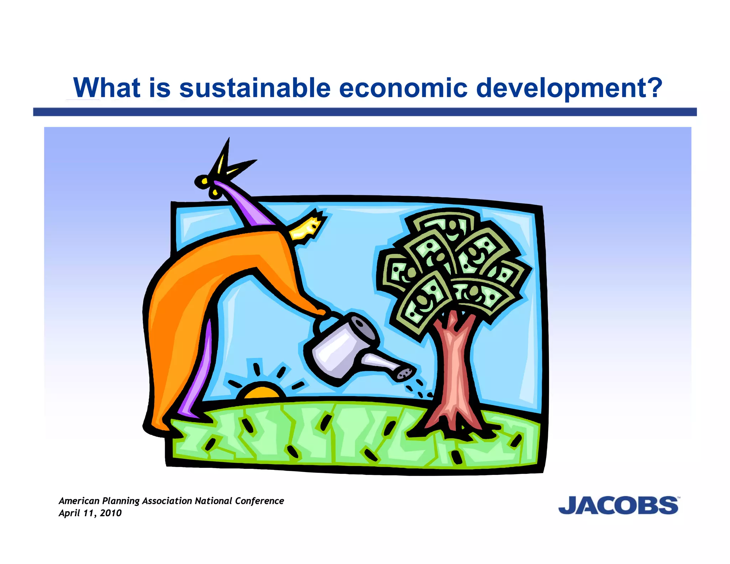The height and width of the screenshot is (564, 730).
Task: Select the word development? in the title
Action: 569,88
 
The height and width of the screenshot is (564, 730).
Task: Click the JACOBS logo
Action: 618,505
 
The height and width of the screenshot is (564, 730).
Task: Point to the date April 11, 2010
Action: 90,513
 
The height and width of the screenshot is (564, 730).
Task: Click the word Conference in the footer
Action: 259,501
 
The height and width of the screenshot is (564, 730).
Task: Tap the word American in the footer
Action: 79,501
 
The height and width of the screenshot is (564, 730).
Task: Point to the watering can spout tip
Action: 406,374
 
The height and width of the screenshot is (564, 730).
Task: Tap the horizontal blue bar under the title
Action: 365,112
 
